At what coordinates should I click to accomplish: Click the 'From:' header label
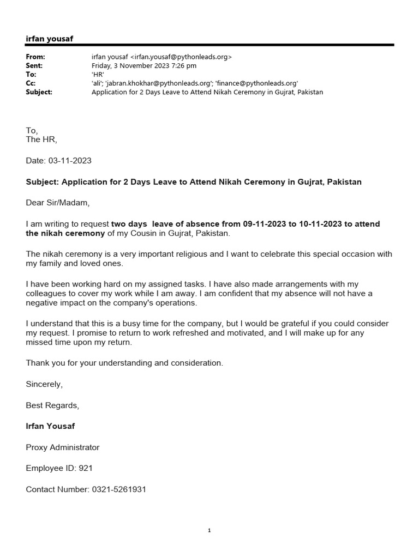35,57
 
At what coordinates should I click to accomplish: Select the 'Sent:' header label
34,65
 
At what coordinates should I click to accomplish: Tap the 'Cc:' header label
31,83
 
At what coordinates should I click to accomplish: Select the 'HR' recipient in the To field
98,75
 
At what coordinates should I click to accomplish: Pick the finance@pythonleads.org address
257,83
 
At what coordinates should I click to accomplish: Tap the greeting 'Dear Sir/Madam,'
57,203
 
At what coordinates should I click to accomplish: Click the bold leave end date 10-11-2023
321,224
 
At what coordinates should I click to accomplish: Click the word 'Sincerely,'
44,384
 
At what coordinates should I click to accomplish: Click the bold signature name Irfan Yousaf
50,426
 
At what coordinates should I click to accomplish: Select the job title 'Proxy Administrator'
63,447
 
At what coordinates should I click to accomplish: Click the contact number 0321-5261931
118,489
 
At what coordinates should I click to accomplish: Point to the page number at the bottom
209,531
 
